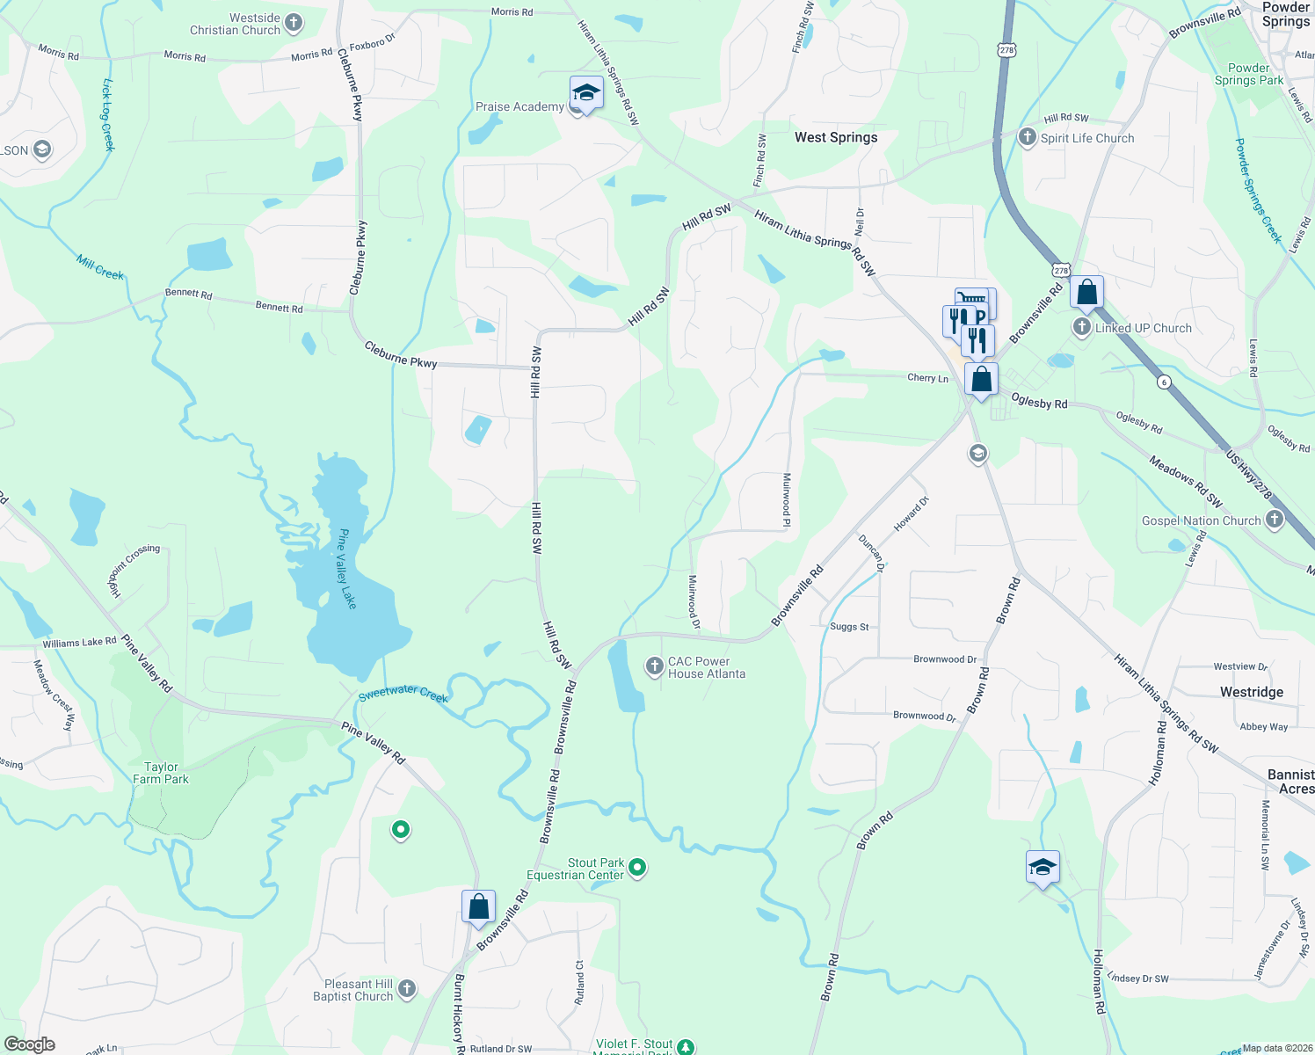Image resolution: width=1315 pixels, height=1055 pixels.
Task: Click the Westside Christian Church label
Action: tap(235, 25)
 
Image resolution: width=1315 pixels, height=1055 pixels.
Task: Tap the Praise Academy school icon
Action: tap(585, 92)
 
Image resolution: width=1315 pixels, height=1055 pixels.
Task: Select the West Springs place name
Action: tap(835, 137)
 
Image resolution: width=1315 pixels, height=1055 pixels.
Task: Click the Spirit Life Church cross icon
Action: tap(1027, 137)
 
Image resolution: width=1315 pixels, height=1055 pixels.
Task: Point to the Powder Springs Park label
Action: tap(1248, 74)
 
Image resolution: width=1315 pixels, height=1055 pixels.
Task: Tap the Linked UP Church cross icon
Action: tap(1082, 327)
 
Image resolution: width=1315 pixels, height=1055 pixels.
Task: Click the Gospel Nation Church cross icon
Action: tap(1274, 520)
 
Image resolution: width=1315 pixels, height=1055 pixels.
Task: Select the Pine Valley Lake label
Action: tap(347, 569)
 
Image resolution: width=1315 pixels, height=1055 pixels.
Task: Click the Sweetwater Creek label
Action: tap(403, 694)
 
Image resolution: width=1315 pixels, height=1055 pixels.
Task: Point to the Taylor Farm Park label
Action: tap(161, 773)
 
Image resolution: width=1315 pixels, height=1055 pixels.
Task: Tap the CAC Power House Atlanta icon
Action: tap(654, 666)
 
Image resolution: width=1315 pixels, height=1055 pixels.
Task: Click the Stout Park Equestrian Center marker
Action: tap(637, 869)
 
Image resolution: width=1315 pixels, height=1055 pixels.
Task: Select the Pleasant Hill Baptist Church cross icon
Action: tap(406, 989)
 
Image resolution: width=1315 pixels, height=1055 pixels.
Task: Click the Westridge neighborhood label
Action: tap(1251, 692)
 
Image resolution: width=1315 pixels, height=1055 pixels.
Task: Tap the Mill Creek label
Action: tap(99, 267)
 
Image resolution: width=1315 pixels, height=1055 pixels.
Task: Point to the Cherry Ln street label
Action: tap(927, 378)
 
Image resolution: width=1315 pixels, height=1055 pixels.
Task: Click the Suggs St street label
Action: tap(849, 627)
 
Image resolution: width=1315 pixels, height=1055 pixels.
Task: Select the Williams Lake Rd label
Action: tap(79, 643)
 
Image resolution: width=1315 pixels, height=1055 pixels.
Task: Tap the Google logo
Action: tap(30, 1044)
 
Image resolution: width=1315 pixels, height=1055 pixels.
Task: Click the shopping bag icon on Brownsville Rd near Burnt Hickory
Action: tap(478, 907)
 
